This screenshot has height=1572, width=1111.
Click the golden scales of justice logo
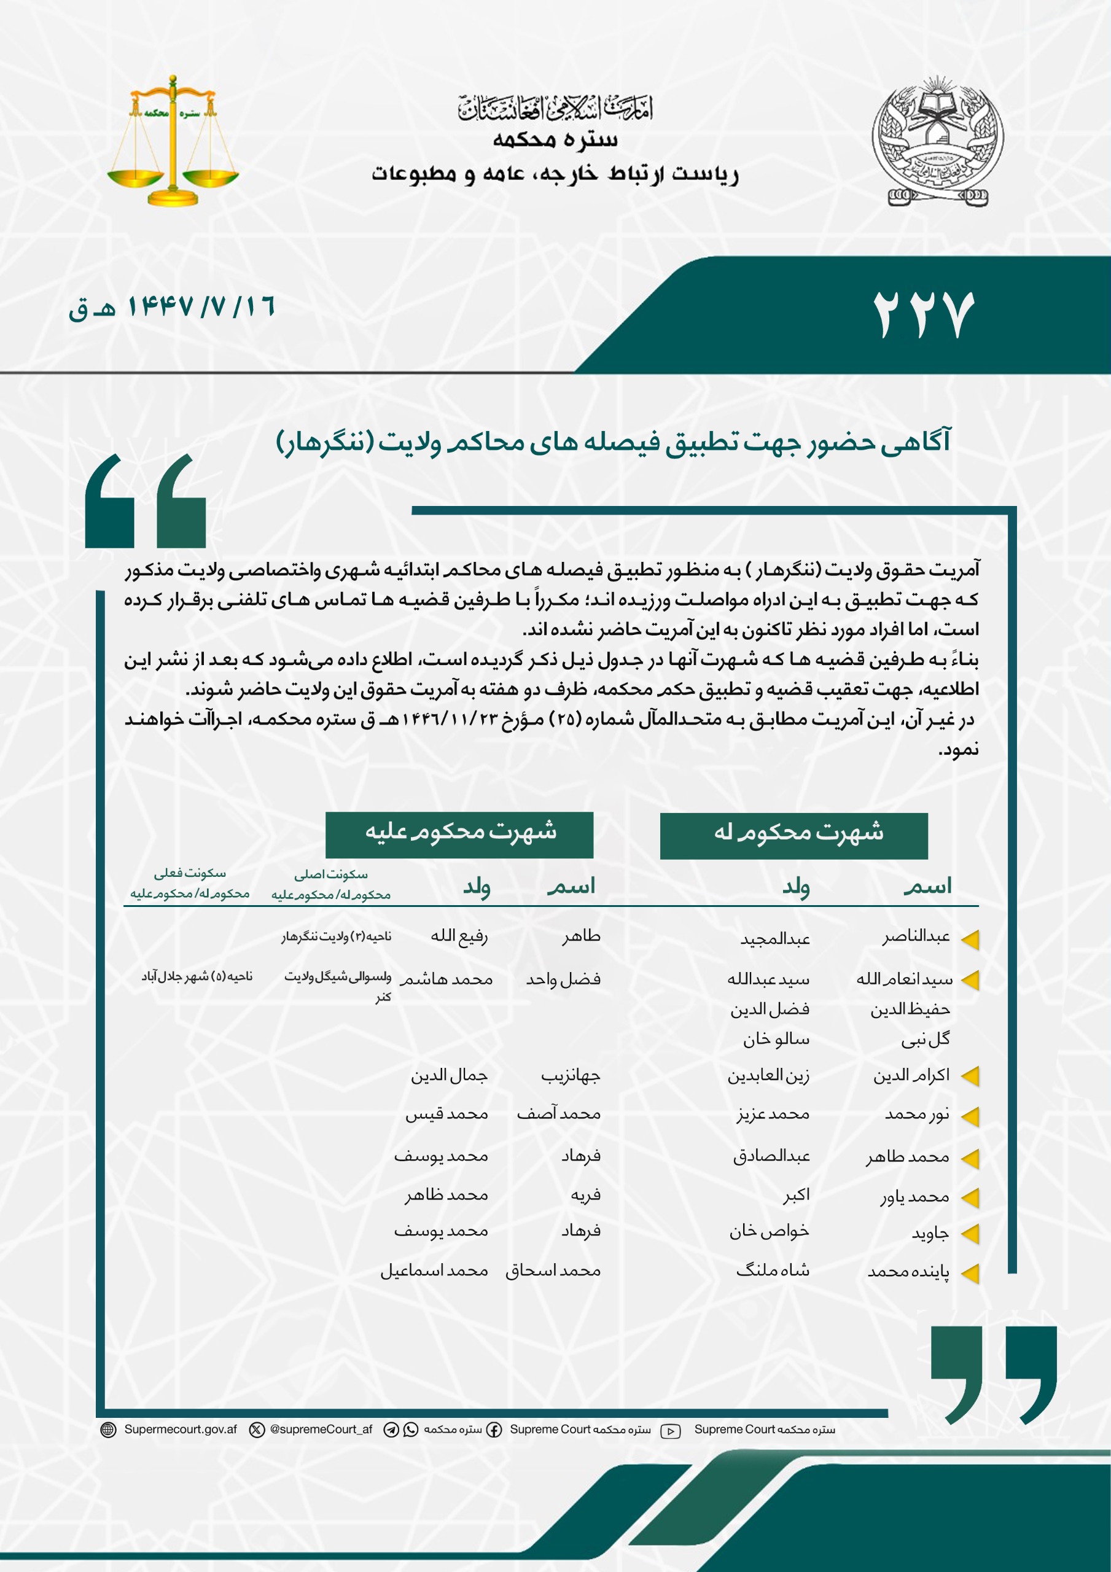[x=173, y=142]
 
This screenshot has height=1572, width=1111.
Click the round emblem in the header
[x=937, y=142]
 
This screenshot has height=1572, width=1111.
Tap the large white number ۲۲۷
[x=922, y=315]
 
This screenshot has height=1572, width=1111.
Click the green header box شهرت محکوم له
[x=793, y=835]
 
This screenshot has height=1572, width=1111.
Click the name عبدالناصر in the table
[x=915, y=936]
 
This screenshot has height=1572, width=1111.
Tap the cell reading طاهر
[x=581, y=936]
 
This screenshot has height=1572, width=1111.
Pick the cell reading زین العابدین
[x=768, y=1076]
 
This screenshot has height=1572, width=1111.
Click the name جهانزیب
[x=570, y=1076]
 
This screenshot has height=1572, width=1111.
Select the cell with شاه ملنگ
[x=772, y=1270]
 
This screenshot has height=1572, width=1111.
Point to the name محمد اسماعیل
[x=434, y=1270]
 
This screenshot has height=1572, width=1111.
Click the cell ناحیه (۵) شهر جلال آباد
[x=197, y=977]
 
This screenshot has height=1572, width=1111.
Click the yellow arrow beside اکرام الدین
[x=969, y=1077]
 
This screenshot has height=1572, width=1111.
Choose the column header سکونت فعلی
[x=190, y=874]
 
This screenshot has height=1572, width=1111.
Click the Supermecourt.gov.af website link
[x=180, y=1430]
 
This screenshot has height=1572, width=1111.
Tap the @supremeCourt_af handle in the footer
[x=321, y=1430]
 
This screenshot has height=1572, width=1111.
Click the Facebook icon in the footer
[x=494, y=1430]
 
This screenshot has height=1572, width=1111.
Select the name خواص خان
[x=768, y=1231]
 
